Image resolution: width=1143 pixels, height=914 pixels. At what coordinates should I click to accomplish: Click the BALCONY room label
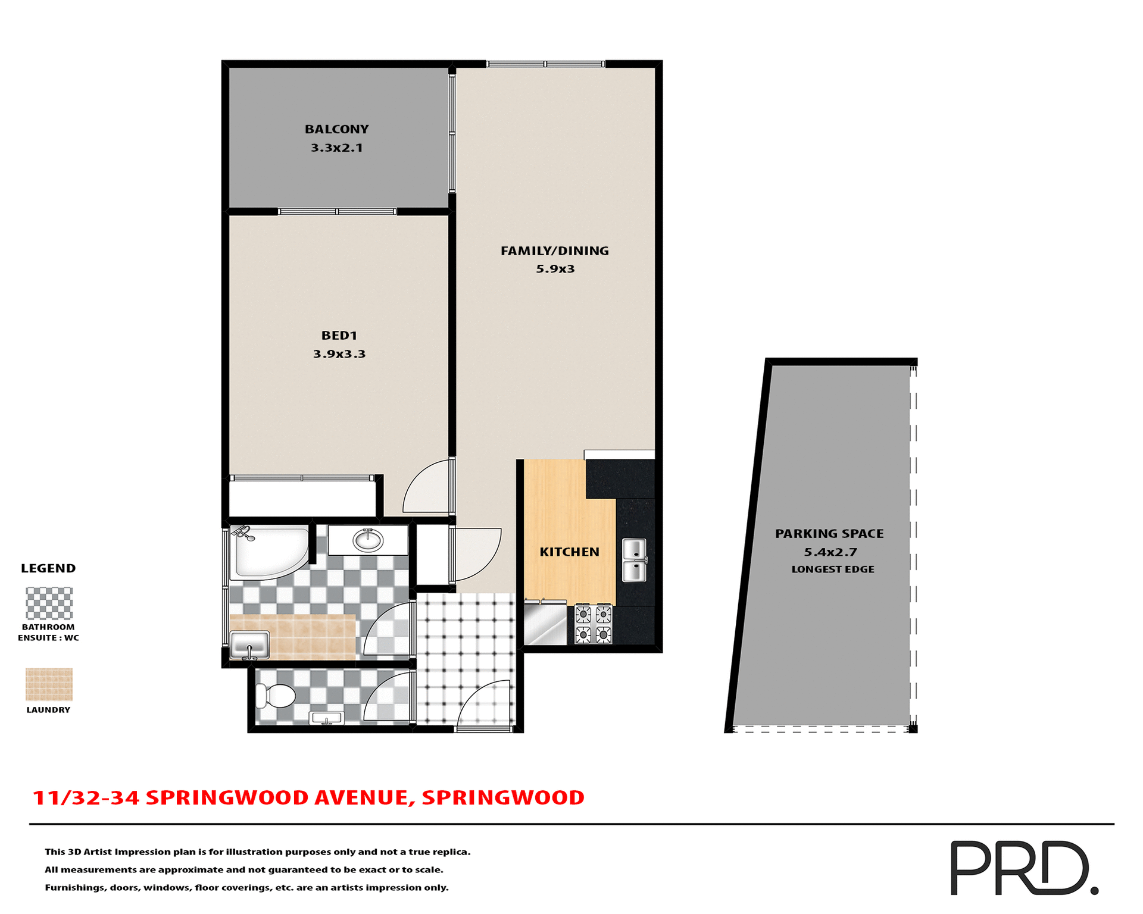(x=336, y=129)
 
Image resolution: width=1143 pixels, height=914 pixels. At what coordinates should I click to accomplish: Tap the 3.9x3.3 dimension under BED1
(x=339, y=354)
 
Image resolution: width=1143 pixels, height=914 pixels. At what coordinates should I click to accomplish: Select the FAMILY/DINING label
(x=554, y=251)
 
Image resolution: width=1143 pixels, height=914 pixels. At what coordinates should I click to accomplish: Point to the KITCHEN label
(x=569, y=552)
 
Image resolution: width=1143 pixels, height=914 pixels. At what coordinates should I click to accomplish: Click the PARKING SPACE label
(x=829, y=534)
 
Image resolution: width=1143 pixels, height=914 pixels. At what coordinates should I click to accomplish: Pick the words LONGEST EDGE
(x=832, y=569)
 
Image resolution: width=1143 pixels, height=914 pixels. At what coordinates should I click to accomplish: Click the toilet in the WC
(x=275, y=696)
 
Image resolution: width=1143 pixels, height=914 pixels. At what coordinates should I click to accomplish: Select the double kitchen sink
(x=634, y=560)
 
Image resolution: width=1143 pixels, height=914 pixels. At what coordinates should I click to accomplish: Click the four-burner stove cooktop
(x=593, y=624)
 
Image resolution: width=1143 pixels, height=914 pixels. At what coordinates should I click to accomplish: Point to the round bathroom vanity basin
(x=368, y=540)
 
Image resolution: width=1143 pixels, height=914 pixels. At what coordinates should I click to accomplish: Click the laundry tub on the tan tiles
(x=249, y=645)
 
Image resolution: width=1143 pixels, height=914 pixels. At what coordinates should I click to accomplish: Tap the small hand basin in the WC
(x=327, y=718)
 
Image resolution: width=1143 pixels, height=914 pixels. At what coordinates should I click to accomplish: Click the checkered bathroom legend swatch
(x=49, y=603)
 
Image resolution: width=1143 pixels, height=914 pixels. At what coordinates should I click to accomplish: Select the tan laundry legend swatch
(x=49, y=684)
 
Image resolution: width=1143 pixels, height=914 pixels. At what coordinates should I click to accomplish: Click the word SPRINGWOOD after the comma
(x=503, y=798)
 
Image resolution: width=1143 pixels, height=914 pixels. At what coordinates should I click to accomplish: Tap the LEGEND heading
(x=48, y=568)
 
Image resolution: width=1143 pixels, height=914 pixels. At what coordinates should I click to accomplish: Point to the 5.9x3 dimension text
(x=555, y=269)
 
